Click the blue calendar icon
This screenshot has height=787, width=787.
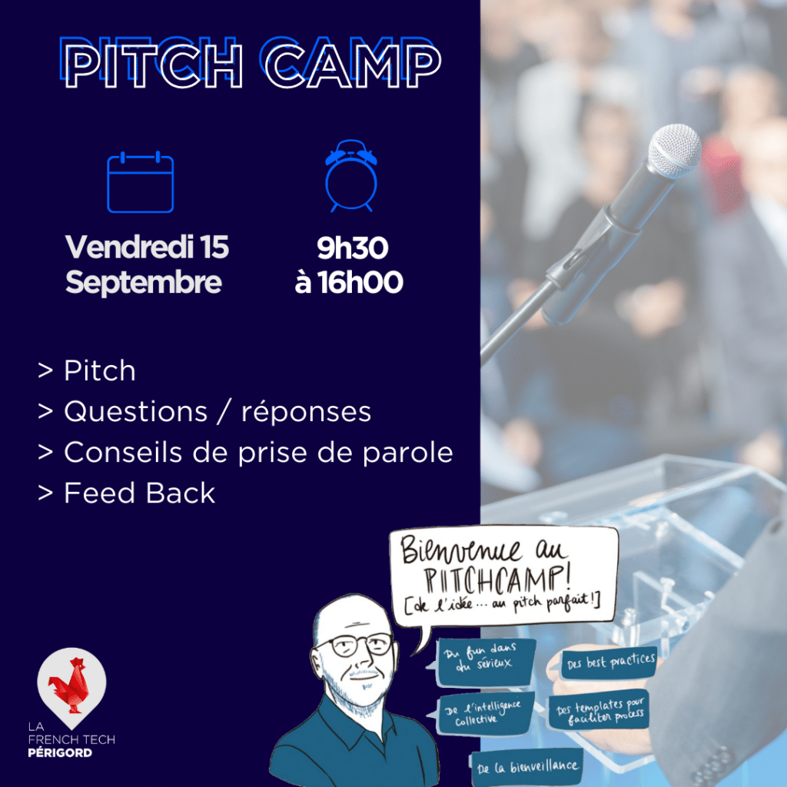click(141, 181)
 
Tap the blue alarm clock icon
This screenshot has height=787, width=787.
click(350, 176)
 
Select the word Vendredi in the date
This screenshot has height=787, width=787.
click(129, 247)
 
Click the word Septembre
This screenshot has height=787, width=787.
click(144, 283)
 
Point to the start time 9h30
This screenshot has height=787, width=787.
click(352, 248)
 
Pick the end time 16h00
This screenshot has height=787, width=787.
click(360, 283)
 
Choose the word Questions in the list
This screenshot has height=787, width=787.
click(135, 413)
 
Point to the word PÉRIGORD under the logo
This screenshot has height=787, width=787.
click(60, 752)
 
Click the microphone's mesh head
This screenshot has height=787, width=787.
click(674, 151)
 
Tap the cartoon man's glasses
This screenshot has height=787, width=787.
click(357, 645)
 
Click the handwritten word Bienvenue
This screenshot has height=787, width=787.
click(462, 550)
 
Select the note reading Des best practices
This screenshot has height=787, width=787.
click(609, 663)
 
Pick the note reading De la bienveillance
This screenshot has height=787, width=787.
click(527, 768)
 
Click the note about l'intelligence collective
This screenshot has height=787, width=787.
click(484, 713)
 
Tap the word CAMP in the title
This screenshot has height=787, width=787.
click(352, 65)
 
